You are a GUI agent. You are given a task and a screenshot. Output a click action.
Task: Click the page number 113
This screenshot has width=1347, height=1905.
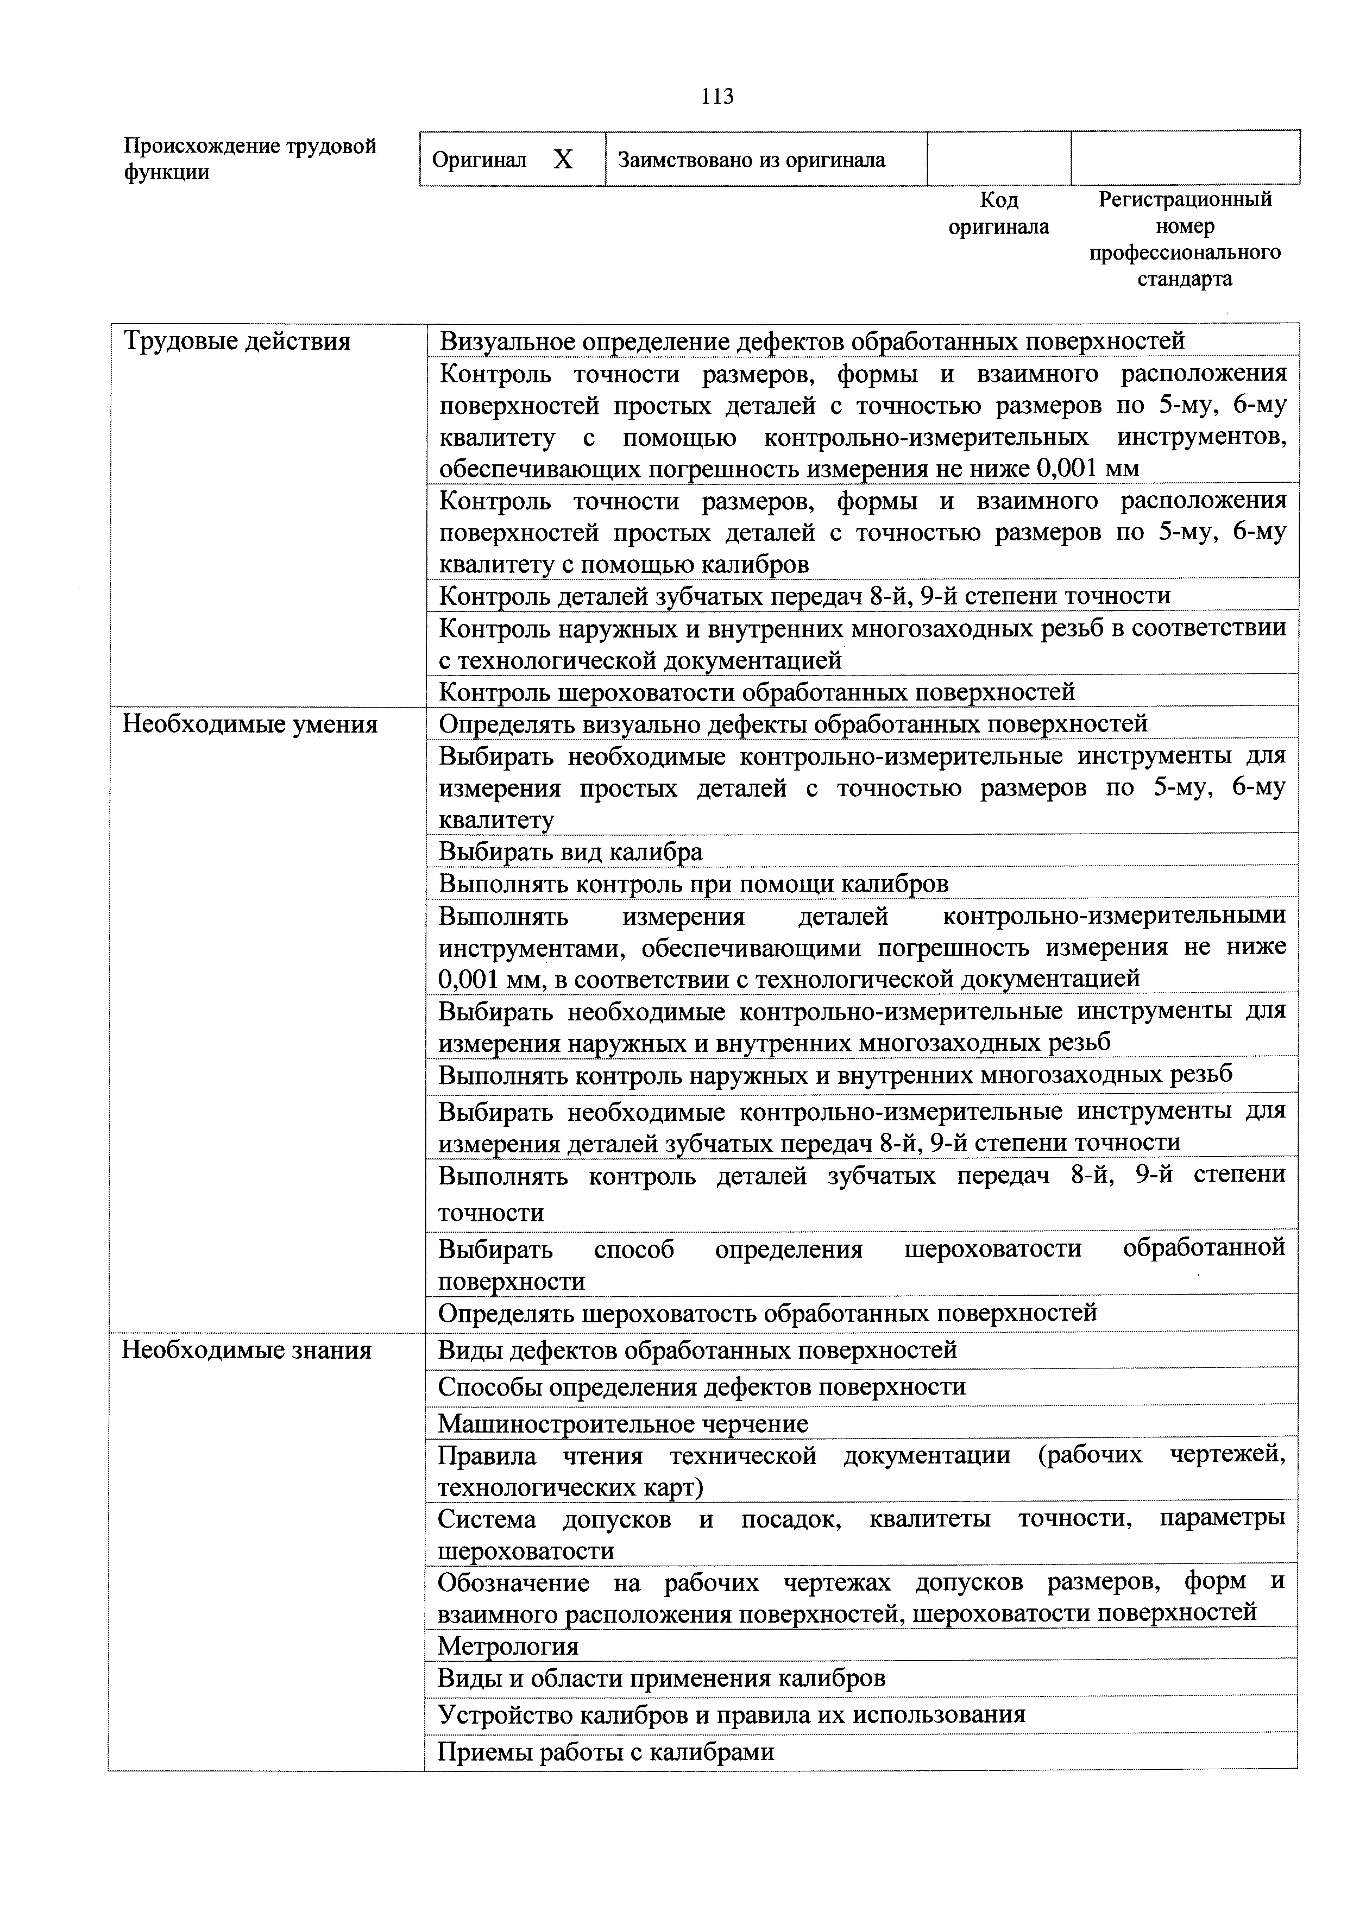717,97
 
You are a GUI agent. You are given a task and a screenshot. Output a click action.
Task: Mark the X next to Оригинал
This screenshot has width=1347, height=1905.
564,159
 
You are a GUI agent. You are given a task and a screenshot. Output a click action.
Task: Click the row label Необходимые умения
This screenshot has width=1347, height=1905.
250,724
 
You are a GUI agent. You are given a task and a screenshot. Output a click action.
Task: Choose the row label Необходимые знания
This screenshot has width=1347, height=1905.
247,1351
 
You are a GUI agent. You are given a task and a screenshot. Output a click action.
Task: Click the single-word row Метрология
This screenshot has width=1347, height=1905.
508,1646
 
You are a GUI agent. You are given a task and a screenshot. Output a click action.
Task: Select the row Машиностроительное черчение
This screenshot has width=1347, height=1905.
622,1424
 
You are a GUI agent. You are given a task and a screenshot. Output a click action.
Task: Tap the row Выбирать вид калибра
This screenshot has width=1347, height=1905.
570,851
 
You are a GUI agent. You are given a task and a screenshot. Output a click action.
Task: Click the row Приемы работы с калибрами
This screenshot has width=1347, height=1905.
606,1751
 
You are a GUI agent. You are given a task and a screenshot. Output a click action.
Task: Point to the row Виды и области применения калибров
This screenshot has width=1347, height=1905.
662,1679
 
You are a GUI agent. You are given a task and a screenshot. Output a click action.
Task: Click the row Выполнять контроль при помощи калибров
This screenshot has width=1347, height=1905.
693,884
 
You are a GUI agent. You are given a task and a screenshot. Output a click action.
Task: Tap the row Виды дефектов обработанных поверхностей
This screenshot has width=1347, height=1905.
697,1350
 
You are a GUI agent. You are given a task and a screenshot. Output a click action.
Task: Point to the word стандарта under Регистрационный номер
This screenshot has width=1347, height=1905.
1185,279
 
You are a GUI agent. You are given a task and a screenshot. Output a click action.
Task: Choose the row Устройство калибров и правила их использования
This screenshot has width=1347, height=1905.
731,1714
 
